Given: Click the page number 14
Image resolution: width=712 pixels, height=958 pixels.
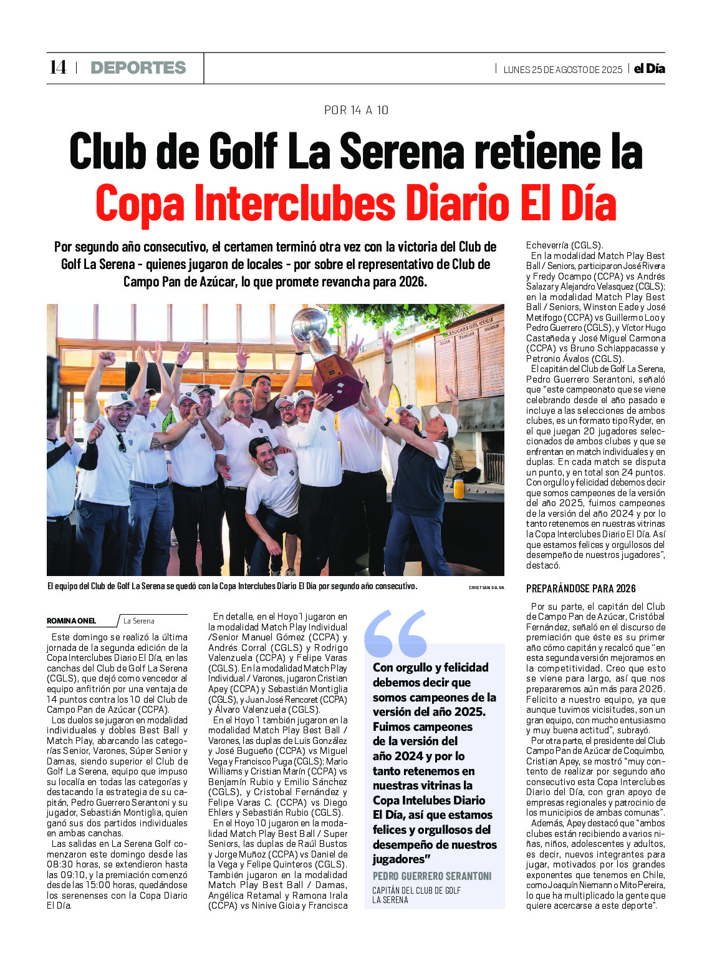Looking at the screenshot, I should (x=58, y=67).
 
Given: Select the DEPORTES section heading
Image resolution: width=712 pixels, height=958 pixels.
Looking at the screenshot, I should (x=138, y=68).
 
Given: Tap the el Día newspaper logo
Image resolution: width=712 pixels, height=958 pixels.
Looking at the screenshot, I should (x=649, y=69).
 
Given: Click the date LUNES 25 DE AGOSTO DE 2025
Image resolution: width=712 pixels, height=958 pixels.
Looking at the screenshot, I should (x=562, y=70).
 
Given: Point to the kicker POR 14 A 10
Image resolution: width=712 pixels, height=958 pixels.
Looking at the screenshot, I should (x=356, y=110).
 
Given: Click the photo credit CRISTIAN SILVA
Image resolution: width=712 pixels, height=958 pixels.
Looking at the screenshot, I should (x=486, y=588).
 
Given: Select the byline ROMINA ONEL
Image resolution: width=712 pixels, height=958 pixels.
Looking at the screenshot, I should (x=72, y=621).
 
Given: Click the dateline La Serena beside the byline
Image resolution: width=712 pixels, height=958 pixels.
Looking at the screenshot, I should (x=138, y=621).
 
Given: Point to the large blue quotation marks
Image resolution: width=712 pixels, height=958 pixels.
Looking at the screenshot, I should (x=396, y=633).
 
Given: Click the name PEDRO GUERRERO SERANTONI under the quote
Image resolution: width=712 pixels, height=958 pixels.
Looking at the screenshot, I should (x=432, y=876).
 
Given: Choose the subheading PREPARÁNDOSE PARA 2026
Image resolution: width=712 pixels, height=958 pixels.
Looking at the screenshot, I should (x=580, y=589).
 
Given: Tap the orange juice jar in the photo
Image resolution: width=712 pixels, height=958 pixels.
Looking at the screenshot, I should (x=459, y=487).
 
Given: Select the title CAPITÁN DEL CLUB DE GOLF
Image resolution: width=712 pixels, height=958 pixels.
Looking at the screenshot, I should (x=416, y=891).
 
